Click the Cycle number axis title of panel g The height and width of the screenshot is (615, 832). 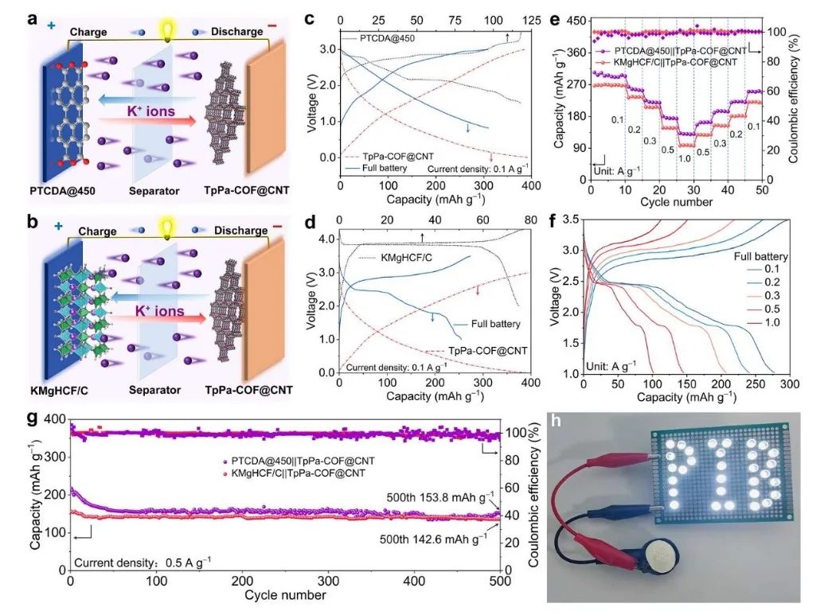coord(284,595)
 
